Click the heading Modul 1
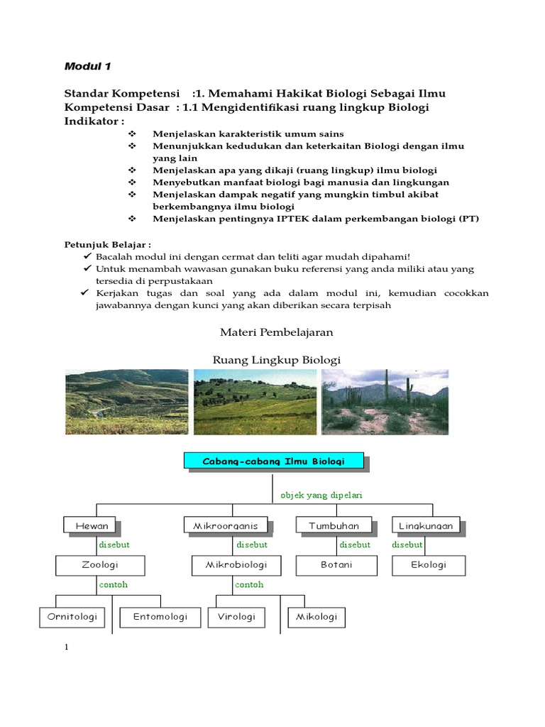click(x=88, y=67)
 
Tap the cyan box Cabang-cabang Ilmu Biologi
click(x=274, y=461)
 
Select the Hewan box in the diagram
click(x=90, y=526)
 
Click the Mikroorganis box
click(x=221, y=526)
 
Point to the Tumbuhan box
click(x=334, y=526)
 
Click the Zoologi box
click(x=100, y=565)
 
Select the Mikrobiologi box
click(x=236, y=565)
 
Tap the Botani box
click(x=336, y=565)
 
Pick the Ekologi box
click(x=429, y=565)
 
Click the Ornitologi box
click(x=72, y=617)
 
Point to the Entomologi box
click(x=160, y=617)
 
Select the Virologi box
click(x=236, y=617)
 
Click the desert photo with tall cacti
click(x=385, y=402)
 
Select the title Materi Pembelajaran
click(x=274, y=332)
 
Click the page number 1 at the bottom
click(x=66, y=647)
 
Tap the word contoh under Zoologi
click(x=114, y=585)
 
